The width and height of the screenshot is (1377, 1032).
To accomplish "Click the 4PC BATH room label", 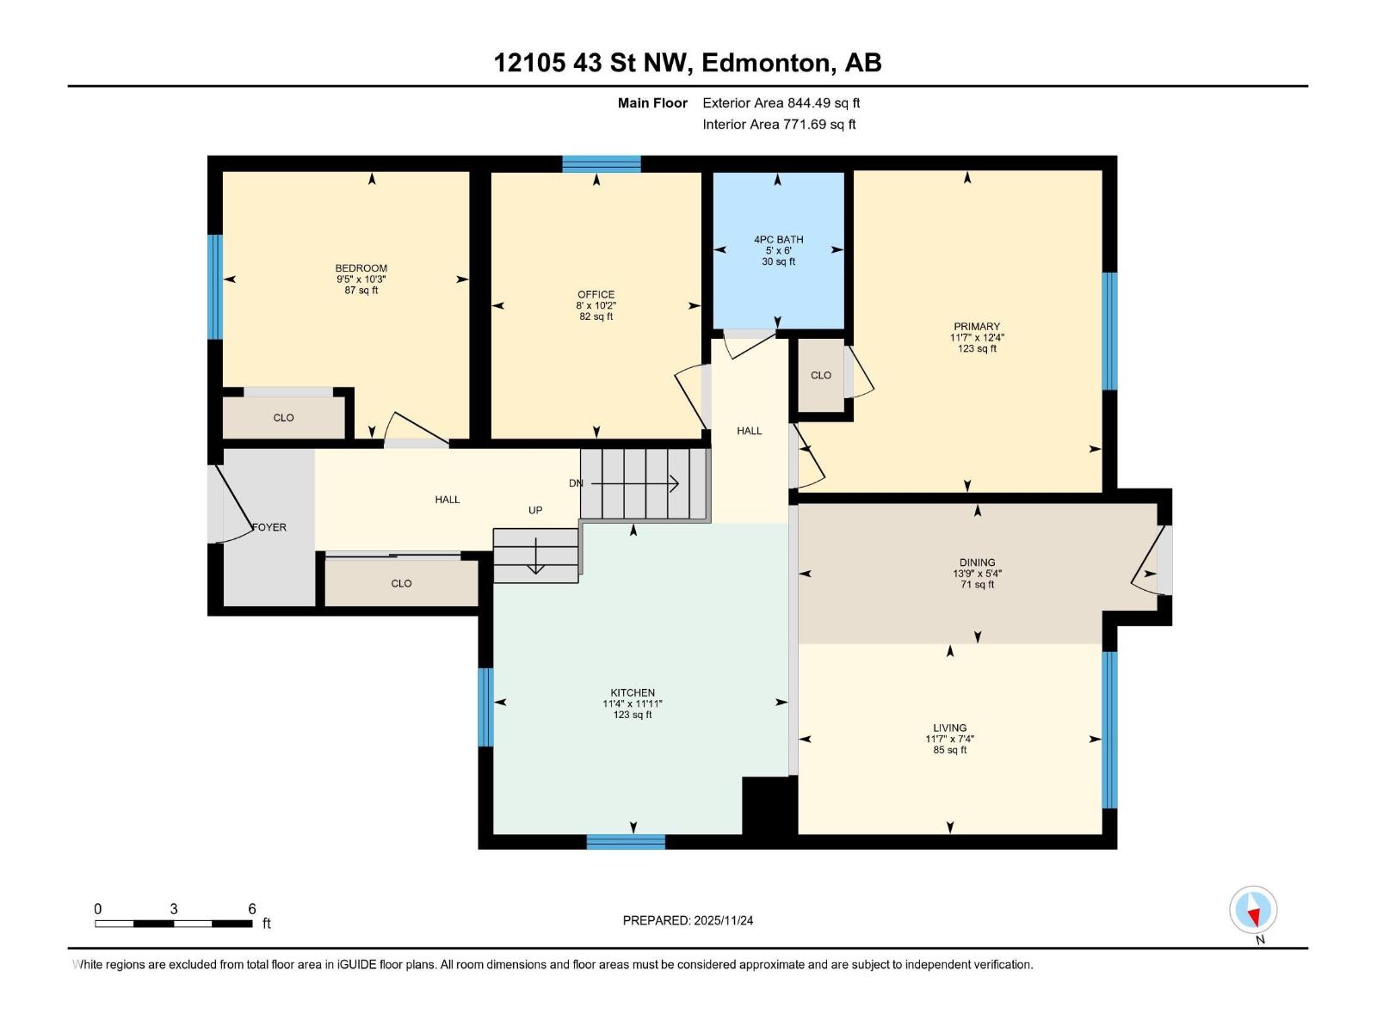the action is coord(779,239).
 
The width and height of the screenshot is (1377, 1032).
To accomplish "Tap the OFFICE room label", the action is coord(596,294).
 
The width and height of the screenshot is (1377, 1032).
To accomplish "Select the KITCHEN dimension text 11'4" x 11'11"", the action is coord(633,703).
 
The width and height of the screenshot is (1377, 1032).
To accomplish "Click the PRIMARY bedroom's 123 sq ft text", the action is coord(977,348).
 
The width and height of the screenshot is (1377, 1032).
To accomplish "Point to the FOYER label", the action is coord(269,527).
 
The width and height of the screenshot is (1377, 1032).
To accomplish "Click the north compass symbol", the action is coord(1253,910).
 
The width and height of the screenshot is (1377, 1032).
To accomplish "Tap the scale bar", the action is coord(174,924).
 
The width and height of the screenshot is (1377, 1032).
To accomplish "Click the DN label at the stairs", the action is coord(576,483).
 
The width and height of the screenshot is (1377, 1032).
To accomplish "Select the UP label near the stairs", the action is coord(535,510).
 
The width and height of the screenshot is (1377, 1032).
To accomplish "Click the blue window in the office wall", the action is coord(601,163).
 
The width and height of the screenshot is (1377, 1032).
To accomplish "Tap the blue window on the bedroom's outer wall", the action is coord(215,287).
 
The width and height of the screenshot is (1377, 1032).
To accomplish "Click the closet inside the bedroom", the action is coord(284,417).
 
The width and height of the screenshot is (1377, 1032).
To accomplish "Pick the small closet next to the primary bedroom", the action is coord(820,375).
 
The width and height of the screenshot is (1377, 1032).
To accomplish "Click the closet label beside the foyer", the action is coord(402,583).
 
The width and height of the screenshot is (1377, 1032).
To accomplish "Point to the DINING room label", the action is coord(978,562).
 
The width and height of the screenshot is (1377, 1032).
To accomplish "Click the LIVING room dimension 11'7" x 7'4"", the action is coord(950,739).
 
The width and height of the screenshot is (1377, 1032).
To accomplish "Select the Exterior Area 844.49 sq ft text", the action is coord(781,102).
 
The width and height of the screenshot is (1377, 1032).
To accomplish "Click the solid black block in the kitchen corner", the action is coord(769,806).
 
